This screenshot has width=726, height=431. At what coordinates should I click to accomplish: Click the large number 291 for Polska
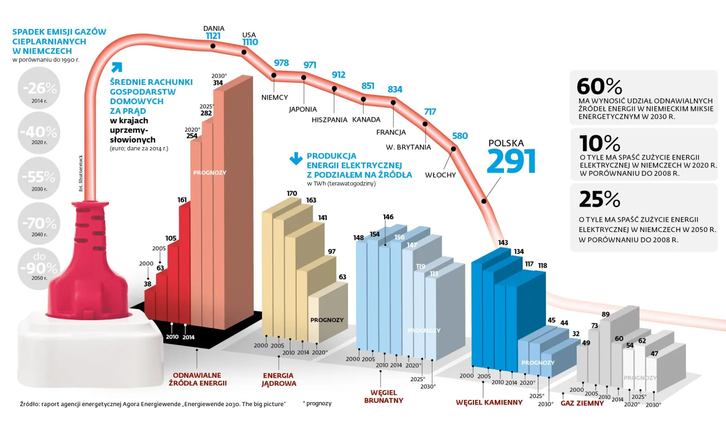click(511, 162)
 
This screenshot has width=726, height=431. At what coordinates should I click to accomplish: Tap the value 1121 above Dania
click(213, 36)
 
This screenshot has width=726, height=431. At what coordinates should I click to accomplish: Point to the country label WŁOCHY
click(440, 175)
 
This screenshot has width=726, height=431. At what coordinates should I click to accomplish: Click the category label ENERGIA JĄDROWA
click(278, 379)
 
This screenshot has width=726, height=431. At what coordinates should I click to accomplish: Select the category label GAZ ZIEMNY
click(582, 403)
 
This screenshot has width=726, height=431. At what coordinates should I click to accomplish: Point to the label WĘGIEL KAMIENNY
click(489, 402)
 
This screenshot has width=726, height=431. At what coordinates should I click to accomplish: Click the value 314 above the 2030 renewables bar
click(218, 83)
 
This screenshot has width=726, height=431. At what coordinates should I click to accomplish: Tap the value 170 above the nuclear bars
click(292, 193)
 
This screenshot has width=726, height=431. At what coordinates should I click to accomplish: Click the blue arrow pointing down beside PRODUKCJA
click(296, 159)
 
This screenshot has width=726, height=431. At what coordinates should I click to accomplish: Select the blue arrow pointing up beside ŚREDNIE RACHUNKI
click(117, 67)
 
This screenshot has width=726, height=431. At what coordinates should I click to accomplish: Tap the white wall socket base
click(86, 342)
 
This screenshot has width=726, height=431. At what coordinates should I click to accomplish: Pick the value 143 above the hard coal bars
click(503, 242)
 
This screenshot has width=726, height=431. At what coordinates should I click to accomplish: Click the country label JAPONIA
click(303, 109)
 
